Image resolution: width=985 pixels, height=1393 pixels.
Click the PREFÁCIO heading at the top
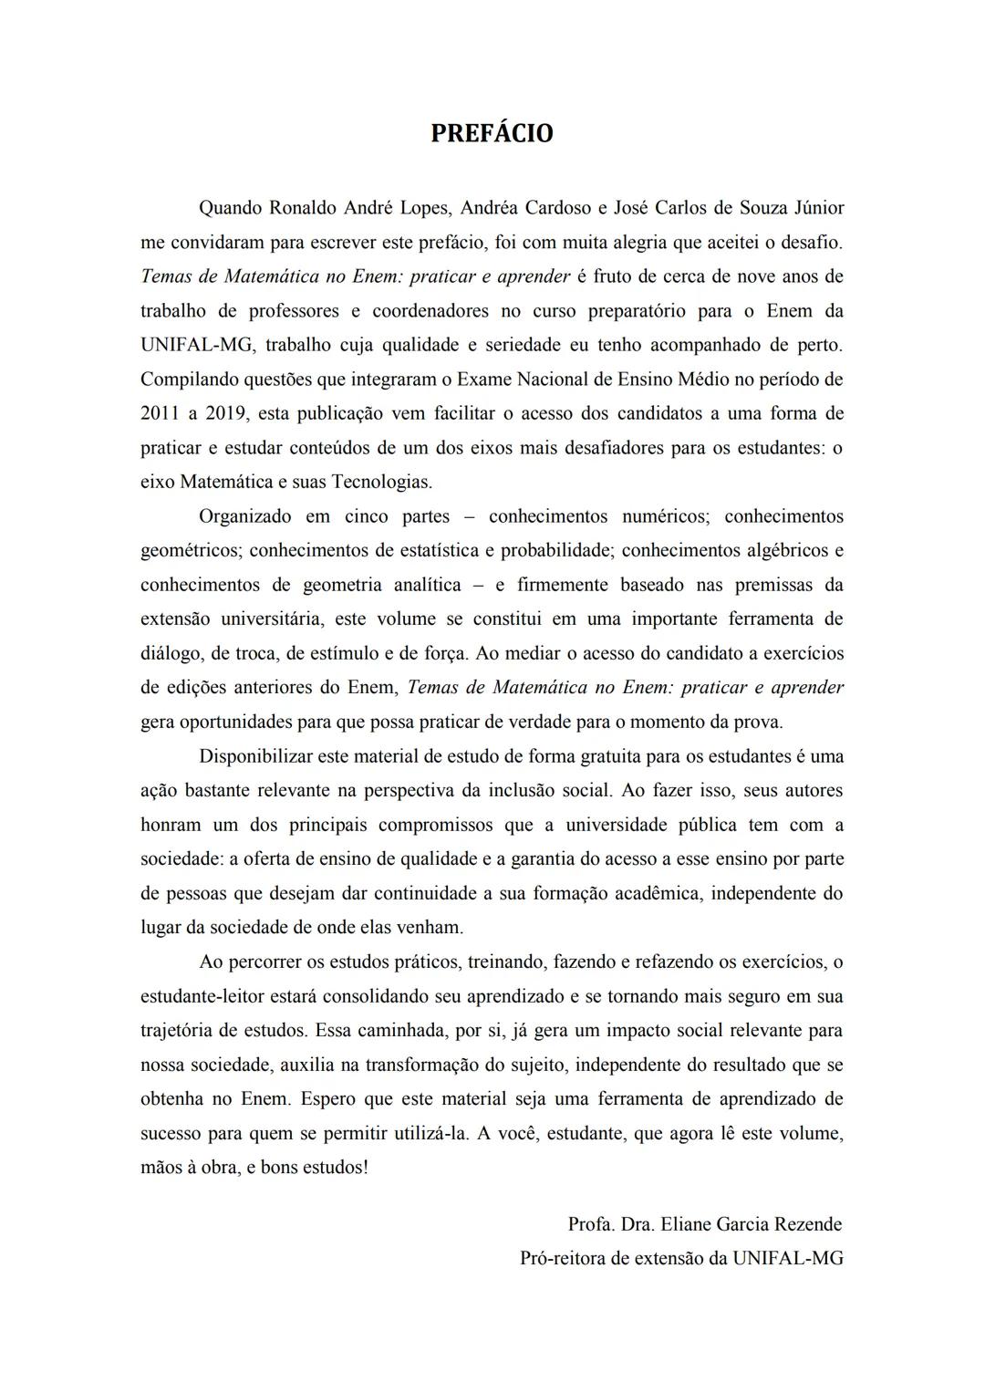click(x=492, y=133)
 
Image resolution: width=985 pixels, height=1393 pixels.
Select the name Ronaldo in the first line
click(x=304, y=208)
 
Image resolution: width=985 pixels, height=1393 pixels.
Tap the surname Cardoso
click(x=555, y=208)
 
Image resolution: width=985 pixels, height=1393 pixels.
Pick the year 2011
click(x=161, y=413)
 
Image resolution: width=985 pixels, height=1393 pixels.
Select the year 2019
click(x=226, y=413)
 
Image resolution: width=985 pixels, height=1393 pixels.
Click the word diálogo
click(x=171, y=653)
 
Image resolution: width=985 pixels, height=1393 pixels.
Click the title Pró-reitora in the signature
click(x=562, y=1259)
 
